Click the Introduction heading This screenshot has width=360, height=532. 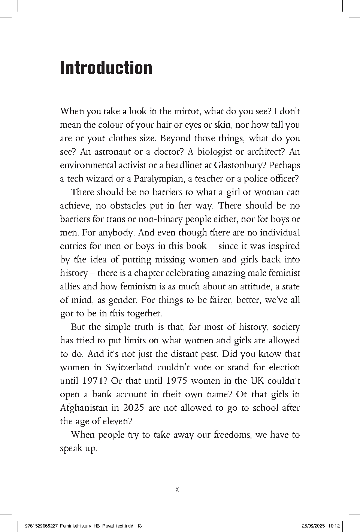tap(106, 68)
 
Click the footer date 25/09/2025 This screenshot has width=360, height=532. tap(313, 526)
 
